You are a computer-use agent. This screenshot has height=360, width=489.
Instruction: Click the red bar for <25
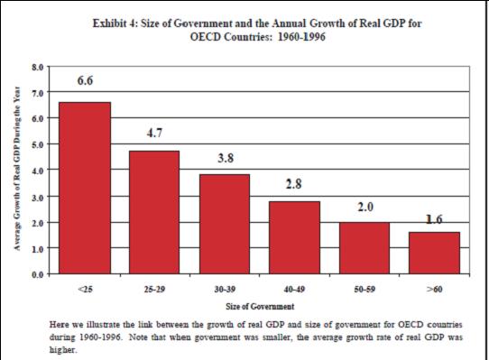click(85, 187)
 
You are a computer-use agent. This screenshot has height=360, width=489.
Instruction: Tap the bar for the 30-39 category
click(224, 223)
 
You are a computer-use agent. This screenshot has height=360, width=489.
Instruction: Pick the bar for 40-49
click(294, 236)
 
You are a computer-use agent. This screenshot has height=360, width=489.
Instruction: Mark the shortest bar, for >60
click(433, 252)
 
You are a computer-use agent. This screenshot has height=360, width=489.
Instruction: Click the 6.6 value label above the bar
click(85, 80)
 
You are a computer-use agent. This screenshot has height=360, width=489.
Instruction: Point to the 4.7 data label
click(154, 133)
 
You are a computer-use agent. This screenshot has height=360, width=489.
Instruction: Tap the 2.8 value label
click(294, 184)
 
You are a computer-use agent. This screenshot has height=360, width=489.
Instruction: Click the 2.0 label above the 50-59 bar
click(364, 207)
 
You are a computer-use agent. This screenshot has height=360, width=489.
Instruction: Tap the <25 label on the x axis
click(85, 290)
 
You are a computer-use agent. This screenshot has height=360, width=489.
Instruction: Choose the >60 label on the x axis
click(433, 290)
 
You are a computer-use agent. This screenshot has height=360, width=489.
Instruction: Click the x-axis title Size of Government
click(259, 307)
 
